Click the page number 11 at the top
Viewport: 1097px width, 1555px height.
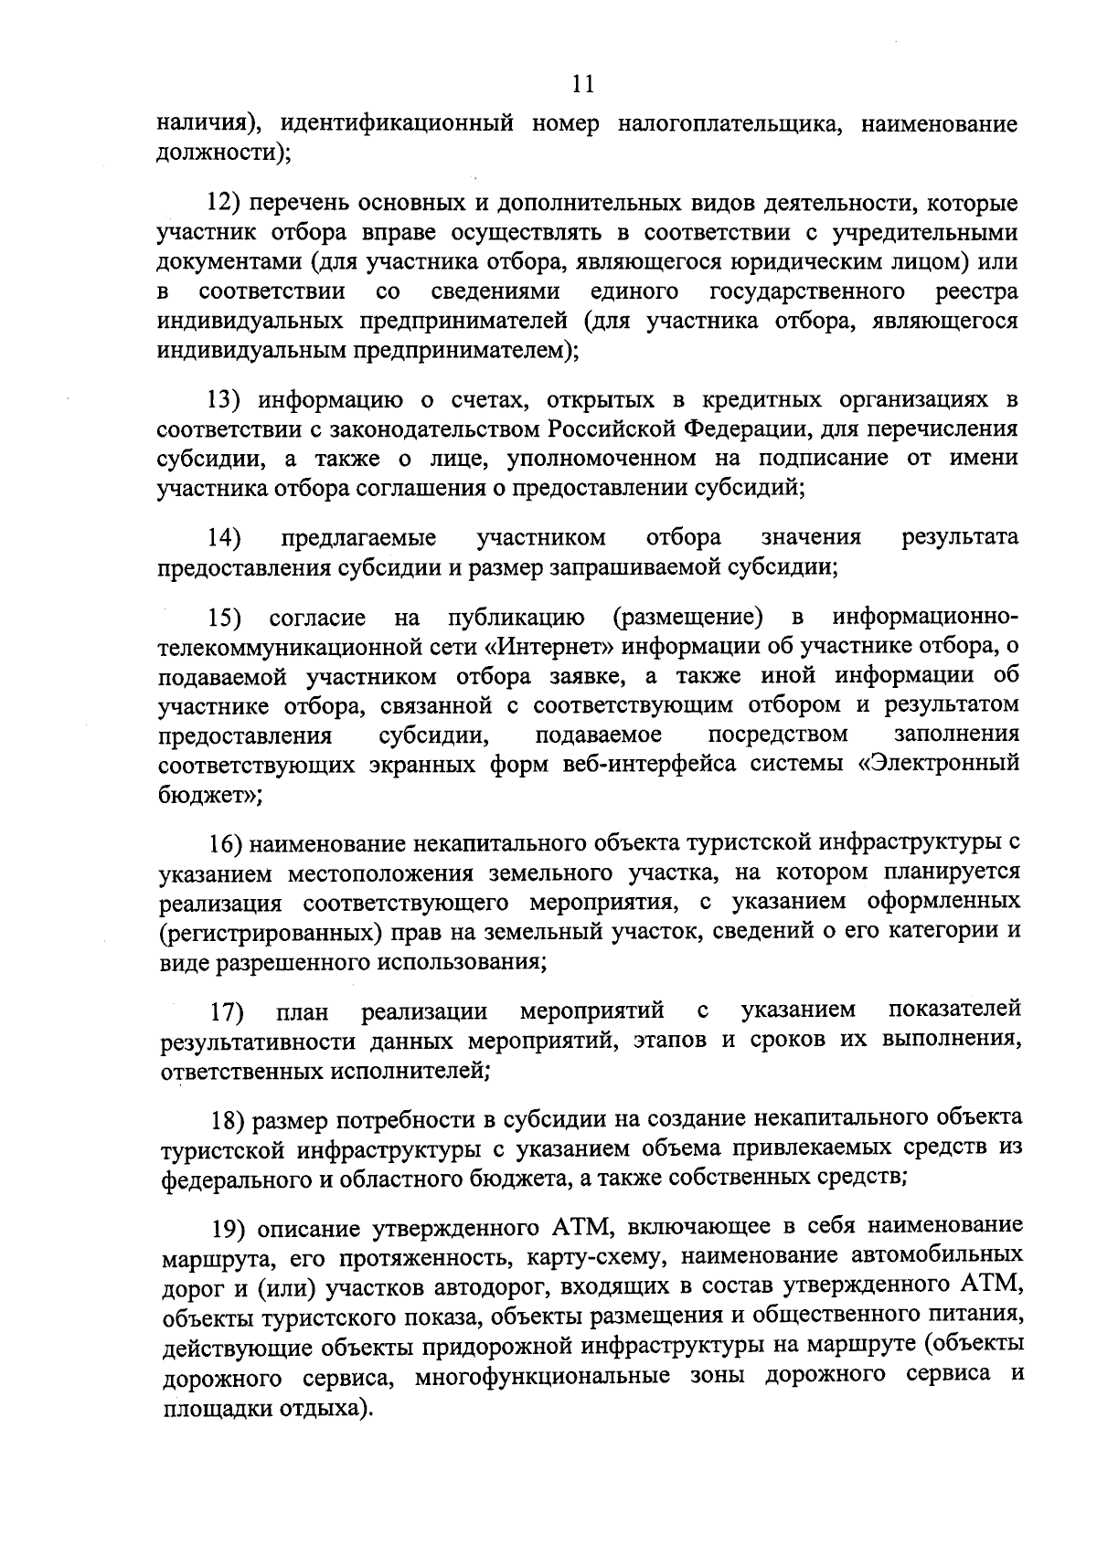pyautogui.click(x=583, y=85)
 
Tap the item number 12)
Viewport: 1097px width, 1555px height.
pyautogui.click(x=225, y=203)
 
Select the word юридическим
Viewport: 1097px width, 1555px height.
pyautogui.click(x=805, y=262)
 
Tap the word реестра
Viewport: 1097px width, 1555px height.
pyautogui.click(x=977, y=291)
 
